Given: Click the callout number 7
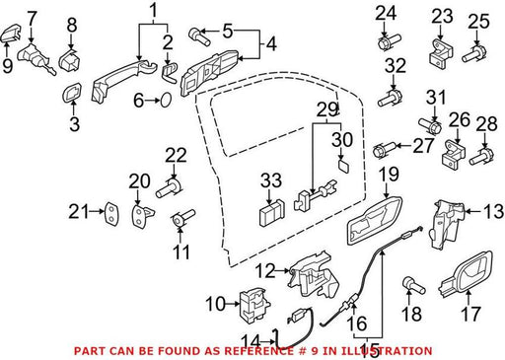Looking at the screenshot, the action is coord(32,19).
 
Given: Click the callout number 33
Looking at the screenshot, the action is coord(271,180).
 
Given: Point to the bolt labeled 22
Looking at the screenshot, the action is coord(169,188).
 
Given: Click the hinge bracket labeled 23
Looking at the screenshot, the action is coord(441,52).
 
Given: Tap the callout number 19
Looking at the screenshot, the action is coord(390,175).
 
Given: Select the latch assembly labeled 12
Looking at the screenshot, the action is coord(312,275).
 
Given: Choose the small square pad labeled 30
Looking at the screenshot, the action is coord(343,166).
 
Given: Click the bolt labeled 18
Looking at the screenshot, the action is coord(413,286).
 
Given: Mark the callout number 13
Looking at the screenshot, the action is coord(494,211).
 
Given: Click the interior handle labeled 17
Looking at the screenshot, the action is coord(467,273).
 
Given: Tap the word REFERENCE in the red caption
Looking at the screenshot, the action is coord(258,351).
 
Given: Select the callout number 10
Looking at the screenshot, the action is coord(216,304).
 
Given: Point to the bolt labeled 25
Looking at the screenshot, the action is coord(474,54).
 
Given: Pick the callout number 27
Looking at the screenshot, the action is coord(423,145).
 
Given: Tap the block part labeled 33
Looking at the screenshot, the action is coord(272,212).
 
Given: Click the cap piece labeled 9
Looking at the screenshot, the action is coord(10,35).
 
